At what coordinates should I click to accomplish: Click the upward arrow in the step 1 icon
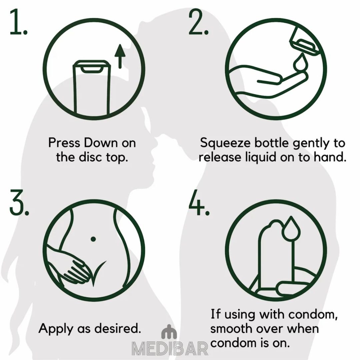click(x=120, y=56)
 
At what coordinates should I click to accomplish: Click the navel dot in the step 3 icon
click(x=93, y=239)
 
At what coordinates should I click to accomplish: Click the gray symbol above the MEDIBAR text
click(x=169, y=332)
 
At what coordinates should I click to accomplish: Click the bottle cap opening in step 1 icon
click(x=92, y=68)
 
